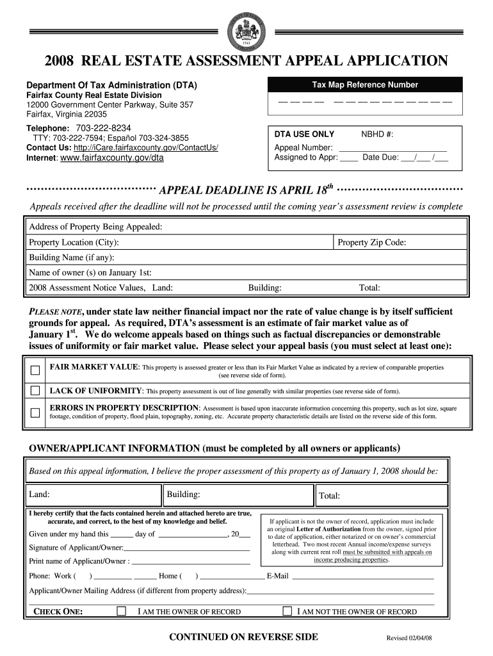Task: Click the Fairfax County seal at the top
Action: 247,30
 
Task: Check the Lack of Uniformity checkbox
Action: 36,391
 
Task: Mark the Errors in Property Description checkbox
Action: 36,411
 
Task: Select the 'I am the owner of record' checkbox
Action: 122,611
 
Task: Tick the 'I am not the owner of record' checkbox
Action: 287,611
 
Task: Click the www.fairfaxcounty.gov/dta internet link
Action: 112,158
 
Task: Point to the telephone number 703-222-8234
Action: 103,127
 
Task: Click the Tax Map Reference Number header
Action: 365,85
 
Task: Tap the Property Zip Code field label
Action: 372,243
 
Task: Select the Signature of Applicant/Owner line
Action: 187,548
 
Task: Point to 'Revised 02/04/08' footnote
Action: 413,639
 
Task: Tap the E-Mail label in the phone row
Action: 278,576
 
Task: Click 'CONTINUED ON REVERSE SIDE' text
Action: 243,637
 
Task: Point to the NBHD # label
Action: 377,134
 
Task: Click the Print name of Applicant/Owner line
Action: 190,562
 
